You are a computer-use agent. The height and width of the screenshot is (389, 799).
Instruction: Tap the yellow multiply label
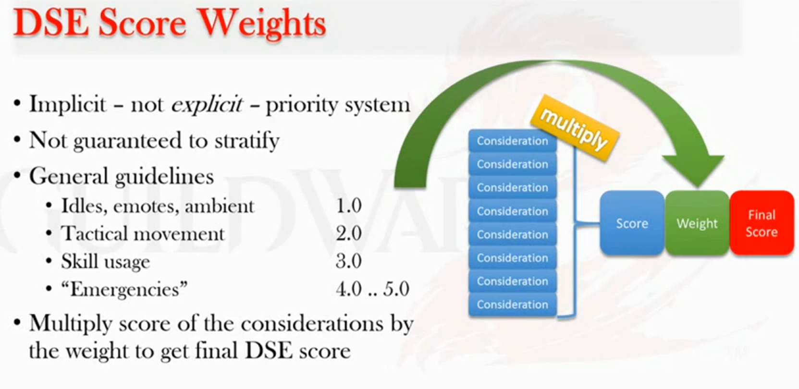575,128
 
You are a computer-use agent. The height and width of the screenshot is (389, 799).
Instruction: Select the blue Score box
632,223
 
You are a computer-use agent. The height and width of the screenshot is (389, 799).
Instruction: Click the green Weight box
697,223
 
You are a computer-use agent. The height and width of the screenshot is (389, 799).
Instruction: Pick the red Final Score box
762,223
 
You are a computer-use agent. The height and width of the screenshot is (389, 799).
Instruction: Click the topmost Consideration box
512,141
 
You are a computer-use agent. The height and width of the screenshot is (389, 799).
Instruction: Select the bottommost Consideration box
512,304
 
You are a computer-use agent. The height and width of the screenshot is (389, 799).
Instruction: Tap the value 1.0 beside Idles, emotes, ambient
348,206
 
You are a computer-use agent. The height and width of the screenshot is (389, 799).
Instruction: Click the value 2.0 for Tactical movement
348,233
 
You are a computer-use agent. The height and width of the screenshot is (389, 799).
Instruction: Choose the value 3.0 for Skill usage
348,261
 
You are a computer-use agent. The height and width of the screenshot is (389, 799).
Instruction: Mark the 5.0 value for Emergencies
396,289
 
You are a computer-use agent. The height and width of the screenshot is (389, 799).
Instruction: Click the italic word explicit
207,105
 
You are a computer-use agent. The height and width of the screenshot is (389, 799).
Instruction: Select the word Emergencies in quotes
124,289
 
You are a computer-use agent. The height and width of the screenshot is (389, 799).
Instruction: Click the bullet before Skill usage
49,262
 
